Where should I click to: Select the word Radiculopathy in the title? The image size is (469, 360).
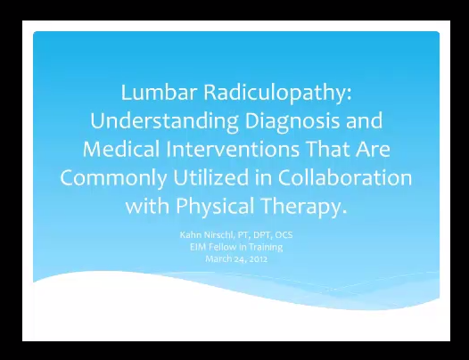277,94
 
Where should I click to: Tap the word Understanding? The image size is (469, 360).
164,121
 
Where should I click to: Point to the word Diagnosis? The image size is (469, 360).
292,121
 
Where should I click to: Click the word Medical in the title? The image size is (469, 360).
121,149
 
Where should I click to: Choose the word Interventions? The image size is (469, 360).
233,149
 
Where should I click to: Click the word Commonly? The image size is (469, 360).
113,178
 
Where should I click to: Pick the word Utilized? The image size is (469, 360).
210,177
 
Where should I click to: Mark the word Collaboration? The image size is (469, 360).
345,177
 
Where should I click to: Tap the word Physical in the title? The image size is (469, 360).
215,207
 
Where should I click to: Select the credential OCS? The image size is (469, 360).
284,234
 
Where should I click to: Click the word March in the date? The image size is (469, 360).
218,258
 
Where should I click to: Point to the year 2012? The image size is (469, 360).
259,258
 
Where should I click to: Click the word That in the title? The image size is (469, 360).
328,149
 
